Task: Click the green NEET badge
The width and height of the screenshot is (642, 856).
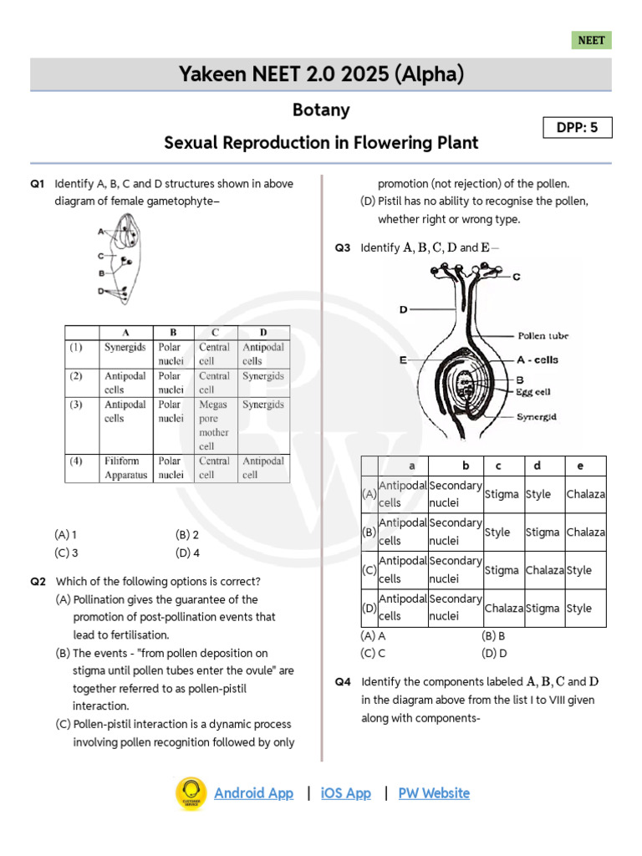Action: (592, 40)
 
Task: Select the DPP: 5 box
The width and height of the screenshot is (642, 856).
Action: (577, 127)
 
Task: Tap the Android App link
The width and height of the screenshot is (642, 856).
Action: (253, 793)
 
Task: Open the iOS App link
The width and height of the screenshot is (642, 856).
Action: (345, 793)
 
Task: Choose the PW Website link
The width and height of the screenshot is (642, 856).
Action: (434, 793)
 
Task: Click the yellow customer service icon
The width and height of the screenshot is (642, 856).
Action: (191, 793)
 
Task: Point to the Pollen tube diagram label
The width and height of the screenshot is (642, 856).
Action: (543, 336)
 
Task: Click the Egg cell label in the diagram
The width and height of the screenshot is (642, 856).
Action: (534, 390)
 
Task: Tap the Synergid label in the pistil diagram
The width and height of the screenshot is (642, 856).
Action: (537, 416)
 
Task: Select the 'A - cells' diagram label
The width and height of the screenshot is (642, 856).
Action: (538, 360)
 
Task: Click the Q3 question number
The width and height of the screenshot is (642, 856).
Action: (343, 248)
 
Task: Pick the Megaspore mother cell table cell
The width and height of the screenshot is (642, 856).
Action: (214, 425)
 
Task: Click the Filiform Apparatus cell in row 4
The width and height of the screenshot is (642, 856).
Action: (125, 468)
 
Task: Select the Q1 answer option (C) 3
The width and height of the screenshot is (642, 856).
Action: (67, 553)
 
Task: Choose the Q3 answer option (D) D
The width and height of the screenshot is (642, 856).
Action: (495, 653)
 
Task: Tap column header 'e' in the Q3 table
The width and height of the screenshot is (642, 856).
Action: (580, 466)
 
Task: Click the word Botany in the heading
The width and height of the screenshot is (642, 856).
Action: (321, 110)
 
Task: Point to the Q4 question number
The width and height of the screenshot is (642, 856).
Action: (343, 682)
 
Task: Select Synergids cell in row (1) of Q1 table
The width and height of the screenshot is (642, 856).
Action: (125, 347)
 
